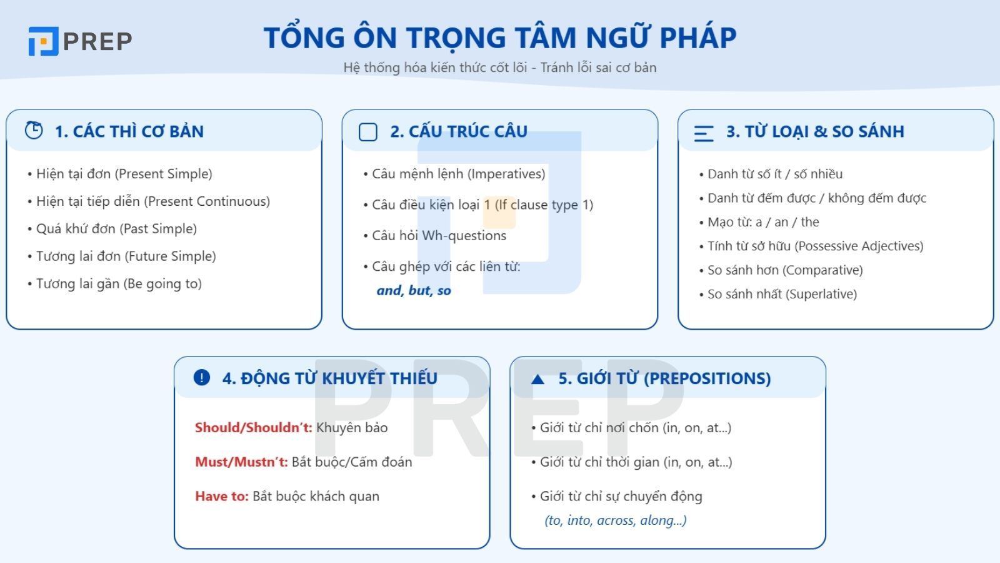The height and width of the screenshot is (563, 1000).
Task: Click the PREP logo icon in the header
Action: click(43, 41)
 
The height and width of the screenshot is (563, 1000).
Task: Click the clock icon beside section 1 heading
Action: click(34, 130)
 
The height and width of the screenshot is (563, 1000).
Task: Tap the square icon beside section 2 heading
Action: click(368, 132)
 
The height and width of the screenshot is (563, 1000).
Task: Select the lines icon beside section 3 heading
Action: click(704, 133)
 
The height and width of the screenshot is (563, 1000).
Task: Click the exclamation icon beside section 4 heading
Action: click(202, 377)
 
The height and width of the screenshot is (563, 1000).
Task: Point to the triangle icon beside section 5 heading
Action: click(537, 379)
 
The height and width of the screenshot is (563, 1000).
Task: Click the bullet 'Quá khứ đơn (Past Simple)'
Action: click(116, 229)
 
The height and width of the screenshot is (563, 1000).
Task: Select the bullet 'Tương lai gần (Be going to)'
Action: click(119, 284)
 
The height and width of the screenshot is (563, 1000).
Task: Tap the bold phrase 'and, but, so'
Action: click(414, 290)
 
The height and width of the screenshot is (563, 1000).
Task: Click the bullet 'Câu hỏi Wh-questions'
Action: click(439, 236)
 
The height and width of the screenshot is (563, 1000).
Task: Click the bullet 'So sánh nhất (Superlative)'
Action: click(781, 294)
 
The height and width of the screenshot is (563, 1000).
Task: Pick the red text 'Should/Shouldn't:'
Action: click(253, 428)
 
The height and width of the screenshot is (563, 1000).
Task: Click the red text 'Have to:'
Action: click(222, 497)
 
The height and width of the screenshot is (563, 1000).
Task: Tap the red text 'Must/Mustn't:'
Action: click(241, 462)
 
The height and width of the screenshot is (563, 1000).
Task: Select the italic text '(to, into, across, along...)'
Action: click(616, 520)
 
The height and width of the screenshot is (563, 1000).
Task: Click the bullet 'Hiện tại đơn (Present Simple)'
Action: click(124, 174)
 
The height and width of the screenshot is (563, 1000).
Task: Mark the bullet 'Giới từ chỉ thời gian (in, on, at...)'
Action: click(636, 462)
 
